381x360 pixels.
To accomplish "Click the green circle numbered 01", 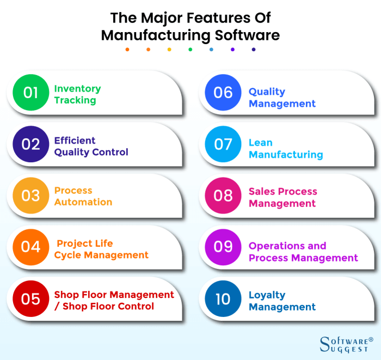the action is [x=31, y=93].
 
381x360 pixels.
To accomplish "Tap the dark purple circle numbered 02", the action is [x=31, y=144].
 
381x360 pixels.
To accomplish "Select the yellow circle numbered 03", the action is [x=31, y=196].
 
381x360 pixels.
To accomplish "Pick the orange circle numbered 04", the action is [x=31, y=247].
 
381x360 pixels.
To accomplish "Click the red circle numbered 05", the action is [x=31, y=298].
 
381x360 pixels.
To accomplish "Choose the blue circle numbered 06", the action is [x=223, y=93].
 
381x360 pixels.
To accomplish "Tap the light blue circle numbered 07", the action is [x=223, y=144].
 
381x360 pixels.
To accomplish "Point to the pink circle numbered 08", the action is [x=223, y=196].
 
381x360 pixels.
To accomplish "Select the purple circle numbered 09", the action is [x=223, y=247].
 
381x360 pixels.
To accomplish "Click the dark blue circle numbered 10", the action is [x=223, y=298].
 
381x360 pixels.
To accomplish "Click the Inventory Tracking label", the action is [x=77, y=95].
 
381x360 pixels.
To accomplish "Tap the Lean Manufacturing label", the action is [x=286, y=149].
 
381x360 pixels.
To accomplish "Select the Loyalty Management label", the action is [x=282, y=301].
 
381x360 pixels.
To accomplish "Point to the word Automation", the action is [x=83, y=202].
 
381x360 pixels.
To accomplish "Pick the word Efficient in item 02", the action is [x=75, y=141].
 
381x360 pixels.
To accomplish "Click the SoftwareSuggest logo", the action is [x=346, y=344].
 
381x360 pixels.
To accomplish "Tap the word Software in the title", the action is [x=247, y=35].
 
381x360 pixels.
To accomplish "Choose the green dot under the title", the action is [x=190, y=50].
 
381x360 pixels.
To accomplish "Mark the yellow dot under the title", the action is [x=169, y=50].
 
